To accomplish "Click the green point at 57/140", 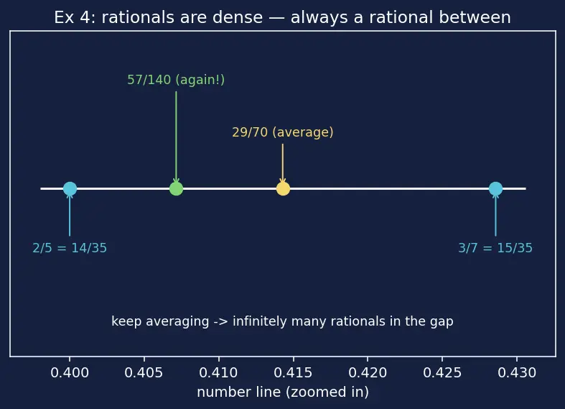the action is pyautogui.click(x=176, y=188).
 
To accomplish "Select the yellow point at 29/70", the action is pyautogui.click(x=283, y=188).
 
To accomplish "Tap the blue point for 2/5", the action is pyautogui.click(x=70, y=188).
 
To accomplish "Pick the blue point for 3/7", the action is pyautogui.click(x=495, y=188).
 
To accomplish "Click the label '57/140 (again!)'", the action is pyautogui.click(x=176, y=80).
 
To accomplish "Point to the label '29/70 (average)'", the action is pyautogui.click(x=283, y=132).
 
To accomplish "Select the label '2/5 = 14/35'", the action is pyautogui.click(x=70, y=248).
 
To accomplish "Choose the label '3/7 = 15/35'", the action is pyautogui.click(x=495, y=248).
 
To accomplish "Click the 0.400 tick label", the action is pyautogui.click(x=70, y=372).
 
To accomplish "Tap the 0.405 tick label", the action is pyautogui.click(x=144, y=372).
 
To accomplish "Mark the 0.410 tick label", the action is pyautogui.click(x=219, y=372).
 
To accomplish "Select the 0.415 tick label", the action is pyautogui.click(x=294, y=372).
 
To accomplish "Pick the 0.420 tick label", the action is pyautogui.click(x=368, y=372).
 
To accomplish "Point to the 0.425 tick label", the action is pyautogui.click(x=442, y=372).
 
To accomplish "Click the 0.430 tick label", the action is pyautogui.click(x=517, y=372).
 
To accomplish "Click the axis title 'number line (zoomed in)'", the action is pyautogui.click(x=283, y=392).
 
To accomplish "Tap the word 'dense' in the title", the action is pyautogui.click(x=238, y=17).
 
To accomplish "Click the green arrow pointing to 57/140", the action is pyautogui.click(x=176, y=137).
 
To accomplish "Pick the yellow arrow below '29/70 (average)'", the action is pyautogui.click(x=283, y=164).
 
